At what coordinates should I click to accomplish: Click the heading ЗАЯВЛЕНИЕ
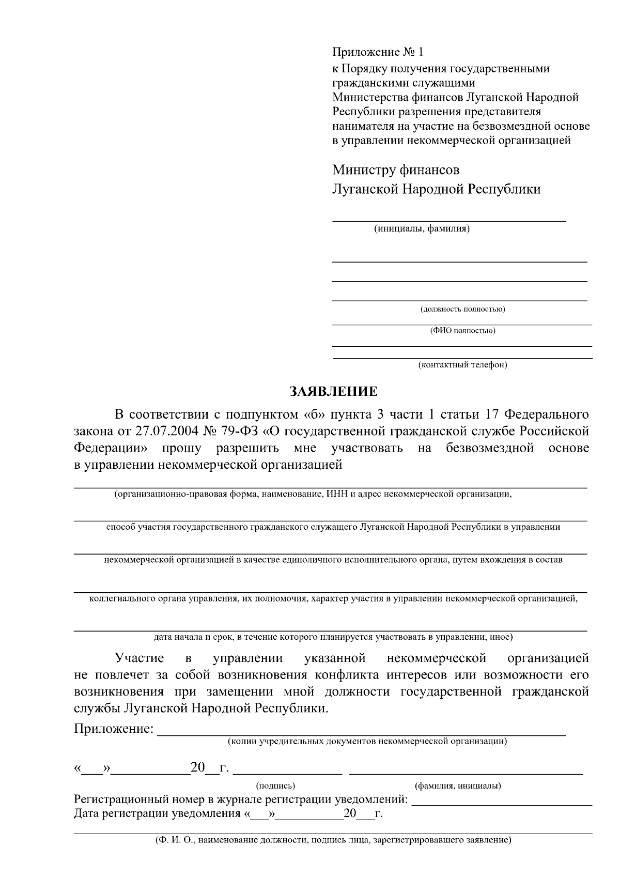point(333,391)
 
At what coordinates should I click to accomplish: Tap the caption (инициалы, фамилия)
point(422,228)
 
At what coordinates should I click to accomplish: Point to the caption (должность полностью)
point(462,310)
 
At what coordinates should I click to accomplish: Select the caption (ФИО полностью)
point(462,331)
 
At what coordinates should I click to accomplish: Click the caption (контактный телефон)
point(462,365)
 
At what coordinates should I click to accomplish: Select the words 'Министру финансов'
point(396,170)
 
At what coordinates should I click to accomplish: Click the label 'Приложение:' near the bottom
point(114,729)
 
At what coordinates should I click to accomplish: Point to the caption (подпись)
point(276,786)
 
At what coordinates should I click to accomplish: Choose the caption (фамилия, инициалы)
point(458,786)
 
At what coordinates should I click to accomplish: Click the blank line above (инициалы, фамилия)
point(448,221)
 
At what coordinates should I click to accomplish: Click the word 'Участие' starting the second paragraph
point(139,658)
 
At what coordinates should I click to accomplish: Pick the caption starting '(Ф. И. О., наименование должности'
point(333,840)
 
